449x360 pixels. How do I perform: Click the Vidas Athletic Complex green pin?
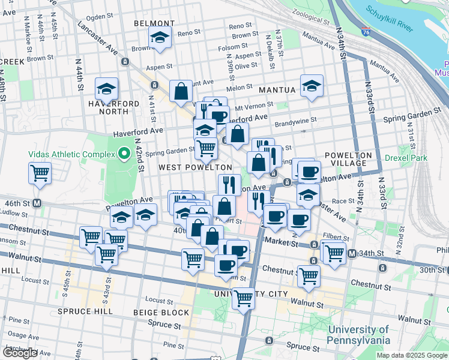pos(124,154)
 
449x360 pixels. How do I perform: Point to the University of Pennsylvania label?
pos(359,335)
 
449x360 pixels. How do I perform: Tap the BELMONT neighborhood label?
pos(149,23)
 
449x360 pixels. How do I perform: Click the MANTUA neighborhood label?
pos(277,90)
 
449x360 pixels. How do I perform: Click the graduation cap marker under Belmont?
pos(160,38)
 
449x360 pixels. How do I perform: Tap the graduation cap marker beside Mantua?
pos(312,86)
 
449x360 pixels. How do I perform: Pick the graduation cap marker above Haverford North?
pos(107,89)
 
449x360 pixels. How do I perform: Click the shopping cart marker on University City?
pos(244,296)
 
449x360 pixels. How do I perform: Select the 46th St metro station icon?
pos(37,203)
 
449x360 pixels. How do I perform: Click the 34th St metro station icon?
pos(352,253)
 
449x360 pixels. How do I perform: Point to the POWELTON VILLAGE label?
pos(349,159)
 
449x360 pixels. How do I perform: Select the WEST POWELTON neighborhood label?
pos(195,167)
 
